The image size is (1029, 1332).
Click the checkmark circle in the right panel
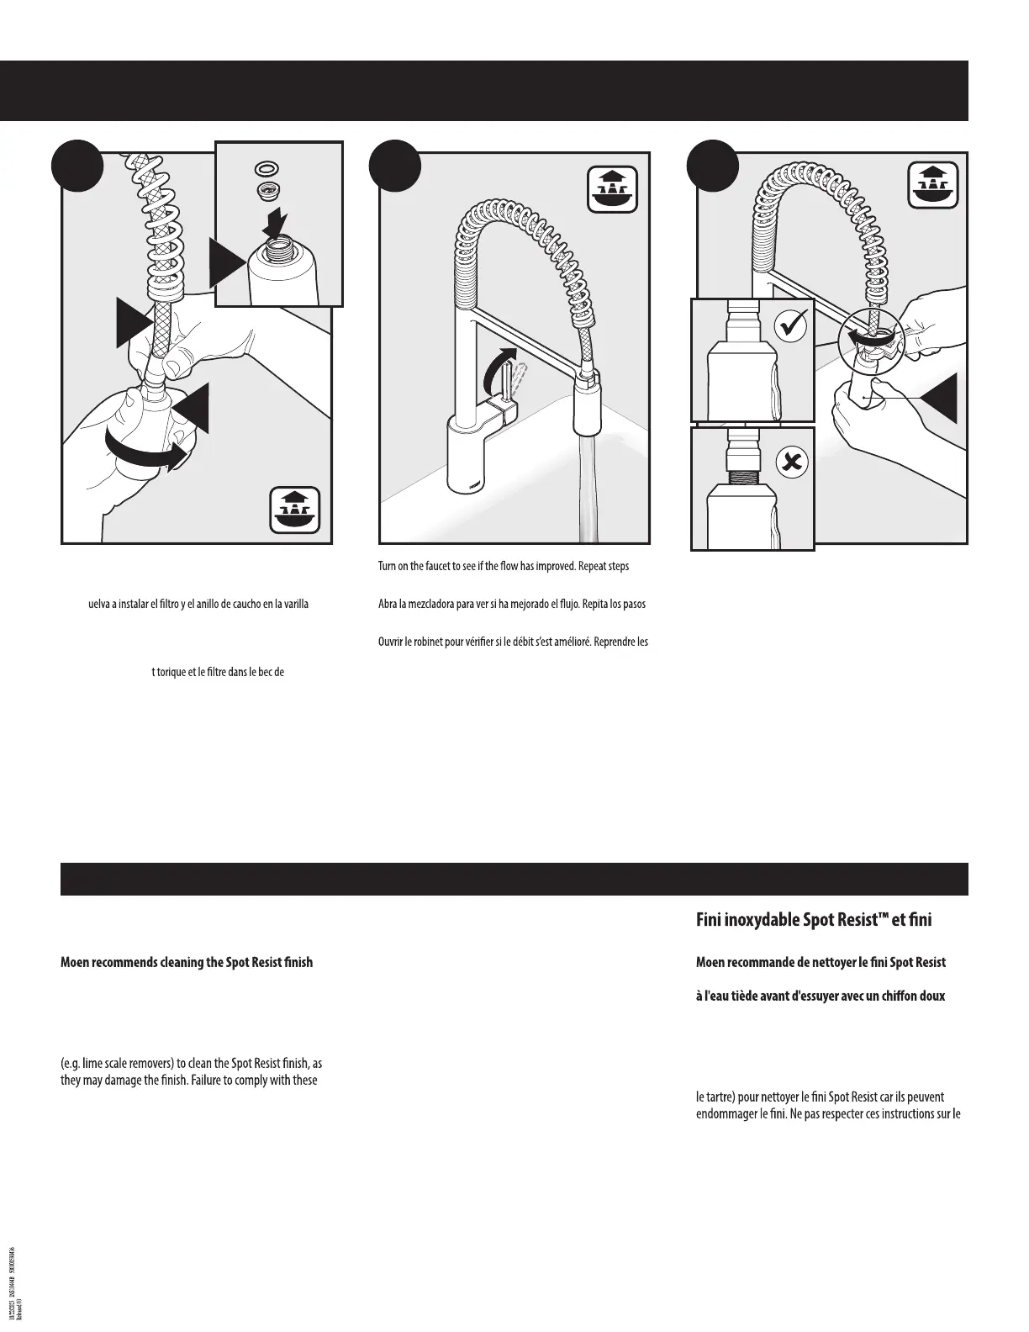[x=790, y=325]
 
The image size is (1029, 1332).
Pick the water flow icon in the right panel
[x=933, y=184]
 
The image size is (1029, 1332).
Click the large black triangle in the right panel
[x=940, y=398]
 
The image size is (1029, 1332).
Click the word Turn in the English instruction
[x=388, y=566]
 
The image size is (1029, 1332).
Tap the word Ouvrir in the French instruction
[x=392, y=642]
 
